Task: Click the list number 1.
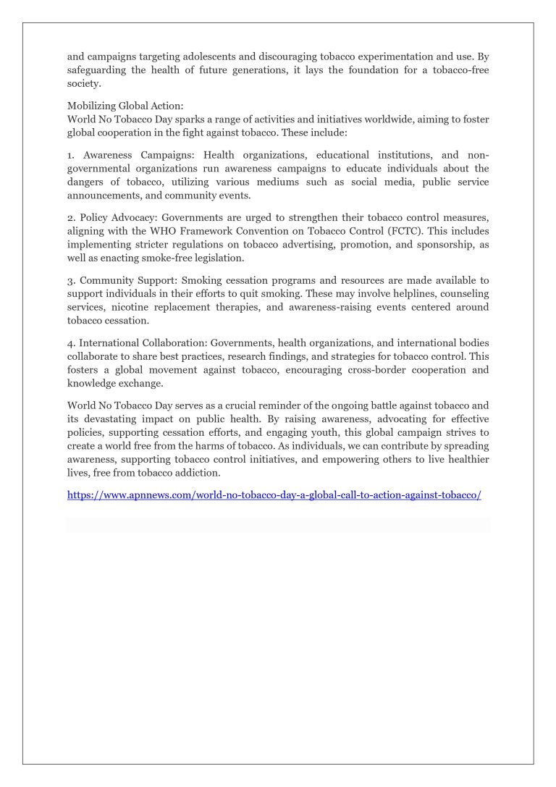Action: coord(70,154)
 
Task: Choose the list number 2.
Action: coord(71,216)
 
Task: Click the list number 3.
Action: coord(71,279)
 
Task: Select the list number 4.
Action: coord(71,342)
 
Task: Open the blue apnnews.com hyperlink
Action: coord(274,495)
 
